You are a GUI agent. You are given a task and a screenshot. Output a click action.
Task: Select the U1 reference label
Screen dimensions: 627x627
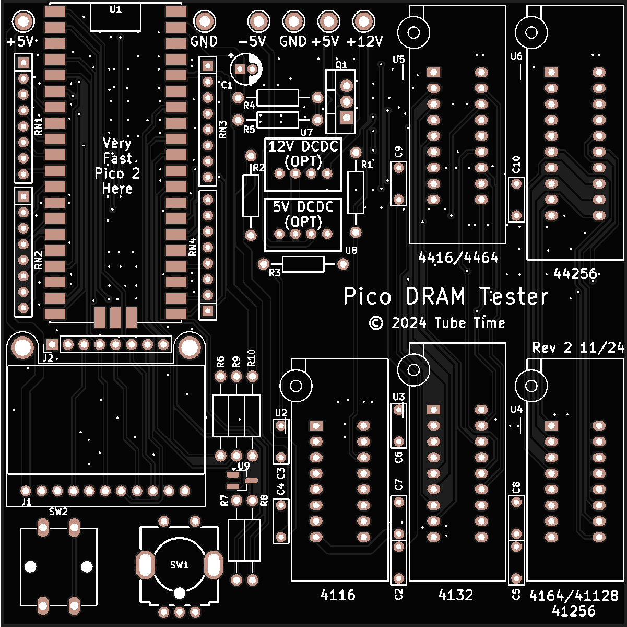point(115,9)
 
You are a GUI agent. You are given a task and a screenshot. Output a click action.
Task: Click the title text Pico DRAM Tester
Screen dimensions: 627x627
point(446,297)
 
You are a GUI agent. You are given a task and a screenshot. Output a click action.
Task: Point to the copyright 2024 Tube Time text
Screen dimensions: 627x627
point(437,323)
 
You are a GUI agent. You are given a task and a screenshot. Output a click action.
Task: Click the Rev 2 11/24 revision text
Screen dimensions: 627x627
point(578,348)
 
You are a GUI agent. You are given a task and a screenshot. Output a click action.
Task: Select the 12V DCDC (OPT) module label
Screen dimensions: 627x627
point(303,154)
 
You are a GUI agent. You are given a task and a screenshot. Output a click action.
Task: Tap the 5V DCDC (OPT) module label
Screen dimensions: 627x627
point(303,214)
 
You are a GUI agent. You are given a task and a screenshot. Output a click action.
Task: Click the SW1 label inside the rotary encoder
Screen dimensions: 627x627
point(179,565)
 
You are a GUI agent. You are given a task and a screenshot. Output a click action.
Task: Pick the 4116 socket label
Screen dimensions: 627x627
point(338,595)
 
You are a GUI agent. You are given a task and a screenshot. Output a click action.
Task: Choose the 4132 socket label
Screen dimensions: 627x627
point(456,595)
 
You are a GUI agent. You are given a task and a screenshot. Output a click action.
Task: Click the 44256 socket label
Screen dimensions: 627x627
point(575,273)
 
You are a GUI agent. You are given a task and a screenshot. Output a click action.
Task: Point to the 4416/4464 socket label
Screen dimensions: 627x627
point(458,258)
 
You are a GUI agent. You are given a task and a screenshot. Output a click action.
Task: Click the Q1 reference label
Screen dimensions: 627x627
point(341,65)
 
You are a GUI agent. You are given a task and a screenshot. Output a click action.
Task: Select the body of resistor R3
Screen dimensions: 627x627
point(303,264)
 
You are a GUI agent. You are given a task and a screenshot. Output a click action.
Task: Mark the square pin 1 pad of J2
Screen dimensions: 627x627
point(52,344)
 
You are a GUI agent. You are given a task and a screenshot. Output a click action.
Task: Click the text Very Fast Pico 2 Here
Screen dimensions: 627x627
point(117,166)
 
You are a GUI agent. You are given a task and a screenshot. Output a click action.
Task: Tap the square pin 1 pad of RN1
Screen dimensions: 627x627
point(23,63)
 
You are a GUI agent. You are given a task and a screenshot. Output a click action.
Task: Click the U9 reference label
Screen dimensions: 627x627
point(243,466)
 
